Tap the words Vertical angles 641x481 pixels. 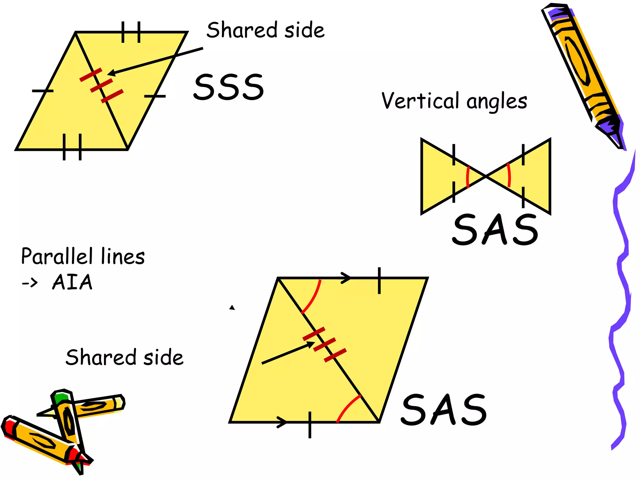tap(454, 101)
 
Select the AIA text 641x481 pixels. tap(72, 282)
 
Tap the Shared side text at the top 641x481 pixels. tap(265, 30)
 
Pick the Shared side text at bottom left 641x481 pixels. tap(125, 357)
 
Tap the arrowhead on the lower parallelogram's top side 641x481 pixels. tap(346, 278)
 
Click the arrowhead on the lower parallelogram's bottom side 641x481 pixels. tap(282, 422)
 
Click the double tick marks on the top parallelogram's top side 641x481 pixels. tap(131, 32)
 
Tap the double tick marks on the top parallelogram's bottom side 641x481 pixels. tap(72, 147)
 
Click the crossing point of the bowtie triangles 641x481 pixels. tap(486, 177)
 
